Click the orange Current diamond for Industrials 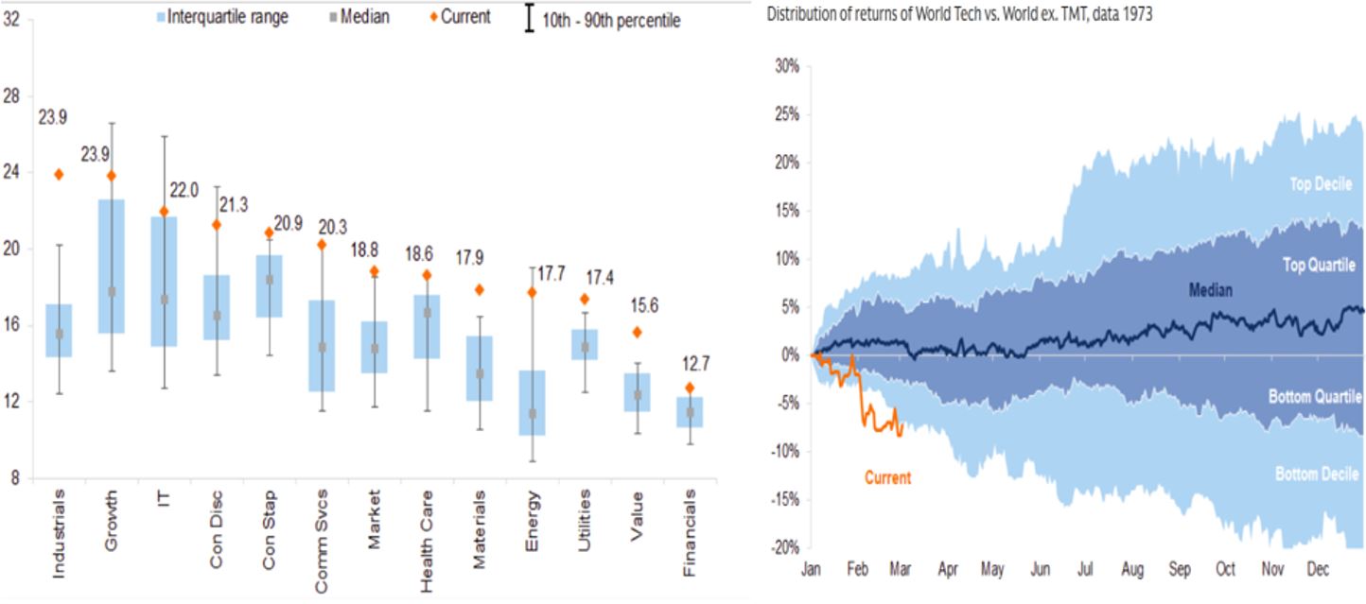(x=59, y=174)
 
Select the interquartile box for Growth (x=112, y=266)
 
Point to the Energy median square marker (x=533, y=414)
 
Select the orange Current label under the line (x=887, y=477)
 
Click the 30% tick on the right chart (x=788, y=66)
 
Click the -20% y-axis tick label (x=785, y=547)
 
